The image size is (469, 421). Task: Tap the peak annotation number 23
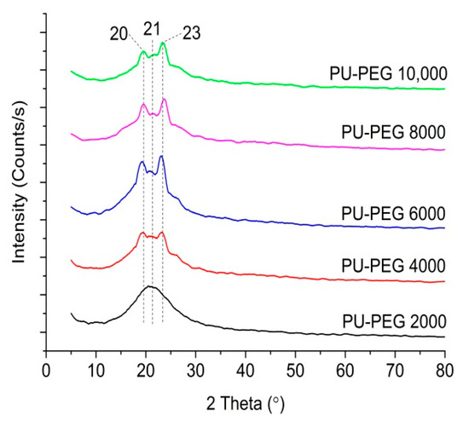click(192, 33)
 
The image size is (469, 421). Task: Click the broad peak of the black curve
click(150, 287)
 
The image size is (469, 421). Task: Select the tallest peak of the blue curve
click(161, 157)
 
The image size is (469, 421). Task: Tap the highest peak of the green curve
click(162, 43)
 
